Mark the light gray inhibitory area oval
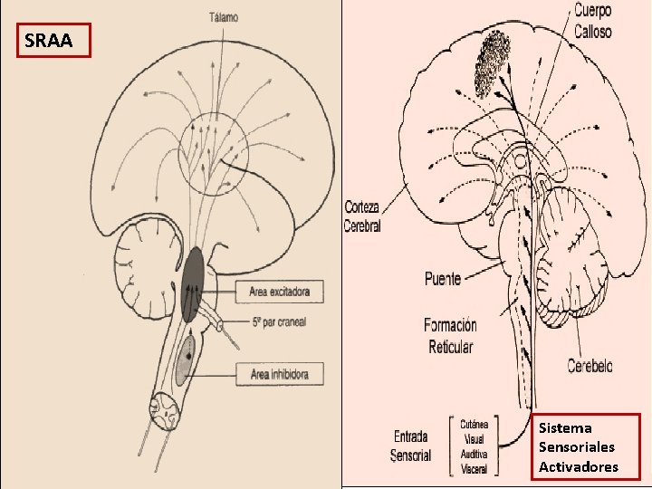pyautogui.click(x=185, y=360)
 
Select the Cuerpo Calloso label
pyautogui.click(x=592, y=21)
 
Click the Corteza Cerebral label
pyautogui.click(x=362, y=216)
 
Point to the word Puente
pyautogui.click(x=443, y=279)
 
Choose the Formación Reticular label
pyautogui.click(x=450, y=335)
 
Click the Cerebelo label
pyautogui.click(x=590, y=366)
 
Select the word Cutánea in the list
pyautogui.click(x=474, y=424)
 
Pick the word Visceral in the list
pyautogui.click(x=474, y=469)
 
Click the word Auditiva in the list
pyautogui.click(x=474, y=454)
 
